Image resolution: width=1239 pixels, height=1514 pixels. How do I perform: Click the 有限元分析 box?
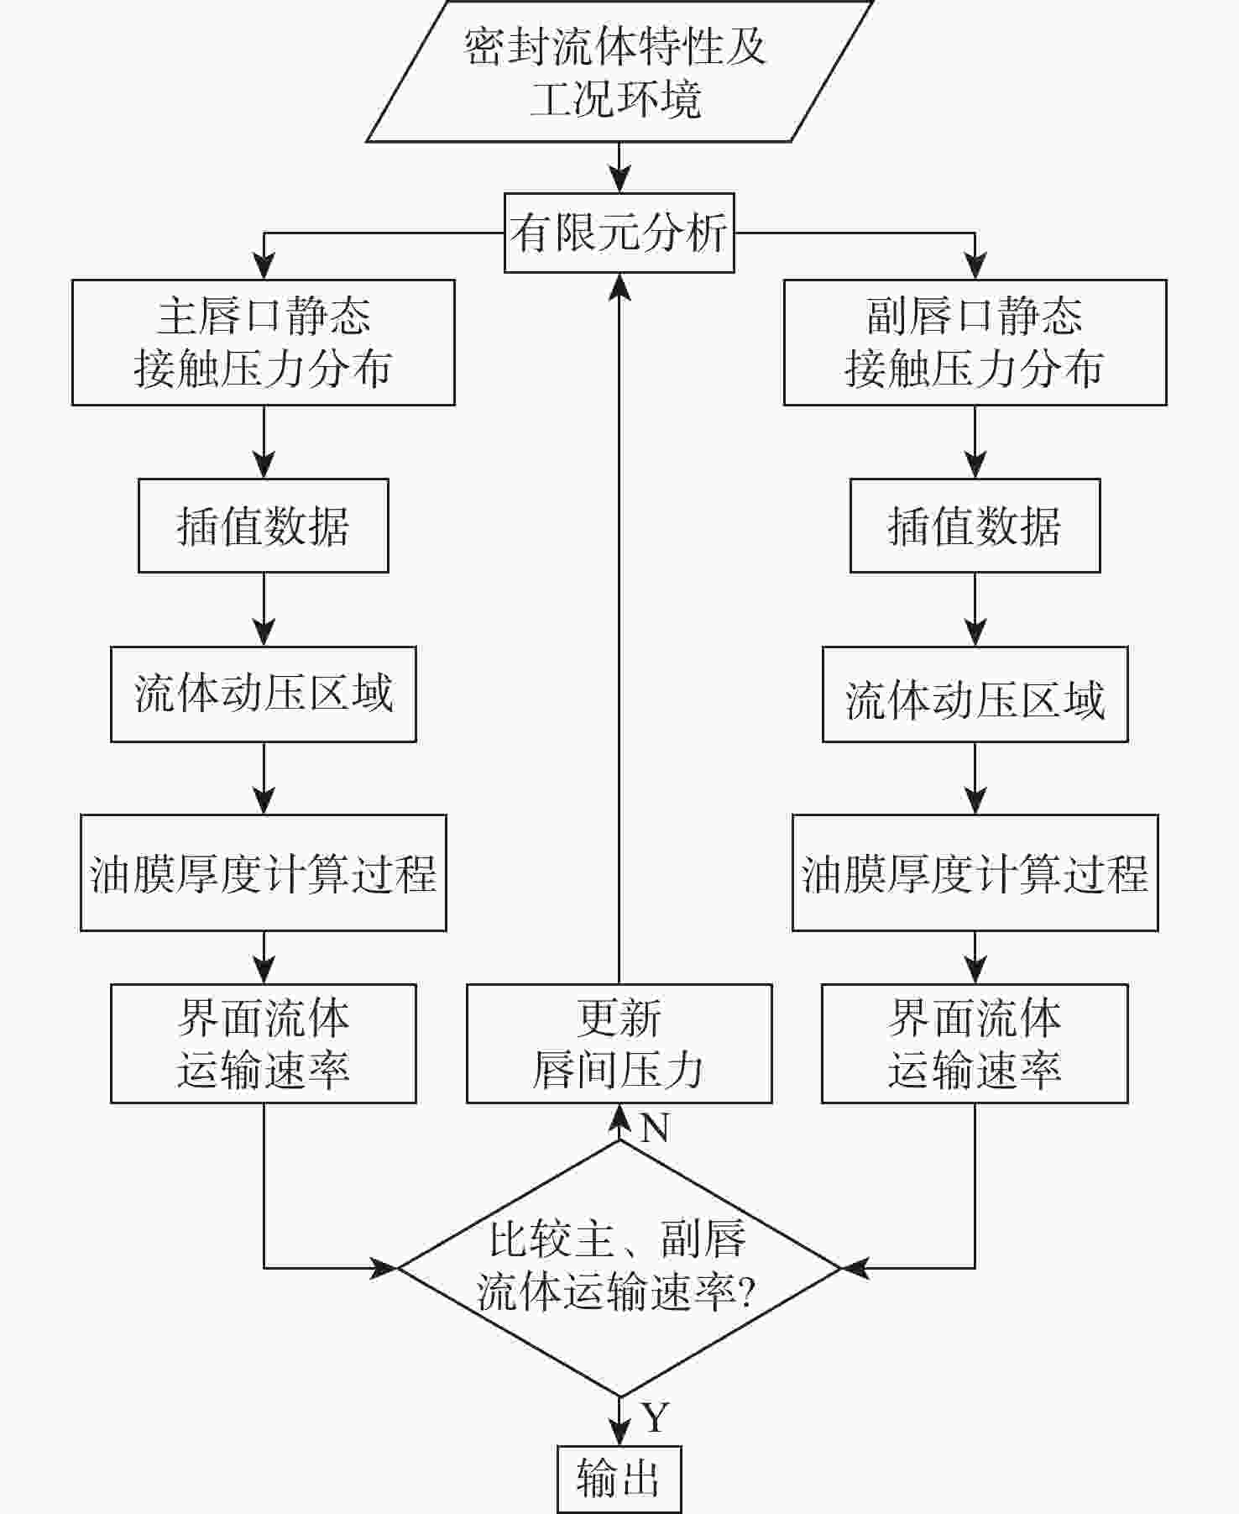(x=619, y=233)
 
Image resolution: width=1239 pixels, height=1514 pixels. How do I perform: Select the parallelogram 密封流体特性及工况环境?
(x=619, y=71)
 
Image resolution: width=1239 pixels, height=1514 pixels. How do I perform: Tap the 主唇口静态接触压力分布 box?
(x=263, y=343)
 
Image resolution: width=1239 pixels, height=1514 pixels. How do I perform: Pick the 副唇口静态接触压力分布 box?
(x=975, y=343)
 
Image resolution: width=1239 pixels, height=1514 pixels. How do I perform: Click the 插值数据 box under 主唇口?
(x=263, y=526)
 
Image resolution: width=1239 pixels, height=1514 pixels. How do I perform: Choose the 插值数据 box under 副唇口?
(x=975, y=526)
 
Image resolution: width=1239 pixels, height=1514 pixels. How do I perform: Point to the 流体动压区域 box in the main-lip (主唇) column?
(x=263, y=694)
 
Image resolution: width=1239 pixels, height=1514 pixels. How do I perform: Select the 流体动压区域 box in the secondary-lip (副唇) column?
(x=975, y=694)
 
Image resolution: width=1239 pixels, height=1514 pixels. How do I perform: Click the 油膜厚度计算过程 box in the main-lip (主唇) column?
(x=263, y=872)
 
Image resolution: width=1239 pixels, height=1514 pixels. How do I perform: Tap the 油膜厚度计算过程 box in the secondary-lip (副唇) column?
(x=975, y=872)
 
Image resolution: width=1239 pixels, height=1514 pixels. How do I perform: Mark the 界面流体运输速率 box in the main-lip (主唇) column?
(x=263, y=1044)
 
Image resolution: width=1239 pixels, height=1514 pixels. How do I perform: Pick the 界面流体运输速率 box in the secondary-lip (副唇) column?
(x=975, y=1044)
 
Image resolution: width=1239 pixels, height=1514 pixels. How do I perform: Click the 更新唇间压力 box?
(x=619, y=1044)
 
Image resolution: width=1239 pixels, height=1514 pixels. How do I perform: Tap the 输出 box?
(x=619, y=1479)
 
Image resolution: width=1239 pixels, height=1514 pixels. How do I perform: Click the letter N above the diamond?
(x=655, y=1129)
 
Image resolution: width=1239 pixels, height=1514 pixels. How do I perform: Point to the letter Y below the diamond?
(x=655, y=1417)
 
